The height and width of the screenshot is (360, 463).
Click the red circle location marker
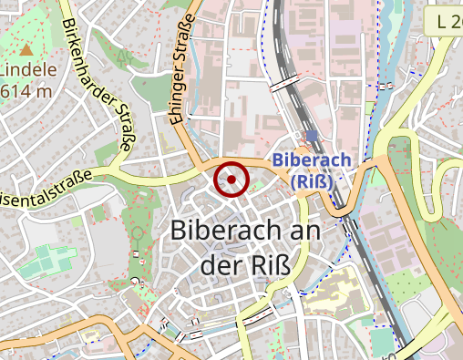pos(232,180)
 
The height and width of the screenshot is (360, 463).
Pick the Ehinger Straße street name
pos(183,68)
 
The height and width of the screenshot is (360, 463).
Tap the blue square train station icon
pos(312,137)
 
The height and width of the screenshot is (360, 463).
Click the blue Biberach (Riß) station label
pos(312,170)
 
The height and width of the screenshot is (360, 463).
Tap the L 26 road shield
pos(444,20)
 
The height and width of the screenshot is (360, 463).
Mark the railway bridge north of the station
pos(284,83)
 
